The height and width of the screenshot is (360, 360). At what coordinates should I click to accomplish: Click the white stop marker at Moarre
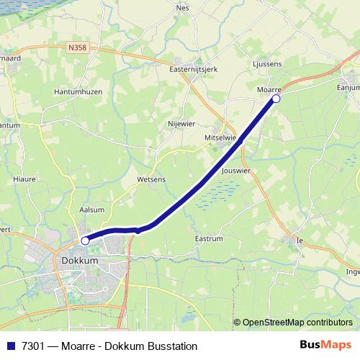(276, 99)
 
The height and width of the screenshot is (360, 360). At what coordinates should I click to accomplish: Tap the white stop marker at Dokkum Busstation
(85, 240)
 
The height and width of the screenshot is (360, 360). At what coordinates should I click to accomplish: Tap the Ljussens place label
(268, 63)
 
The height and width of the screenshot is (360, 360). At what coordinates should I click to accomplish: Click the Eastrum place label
(210, 238)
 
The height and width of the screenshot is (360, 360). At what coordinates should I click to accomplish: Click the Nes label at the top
(182, 8)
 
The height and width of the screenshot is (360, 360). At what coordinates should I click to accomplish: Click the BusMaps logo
(326, 345)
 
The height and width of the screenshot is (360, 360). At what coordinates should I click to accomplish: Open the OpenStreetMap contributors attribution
(297, 323)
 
